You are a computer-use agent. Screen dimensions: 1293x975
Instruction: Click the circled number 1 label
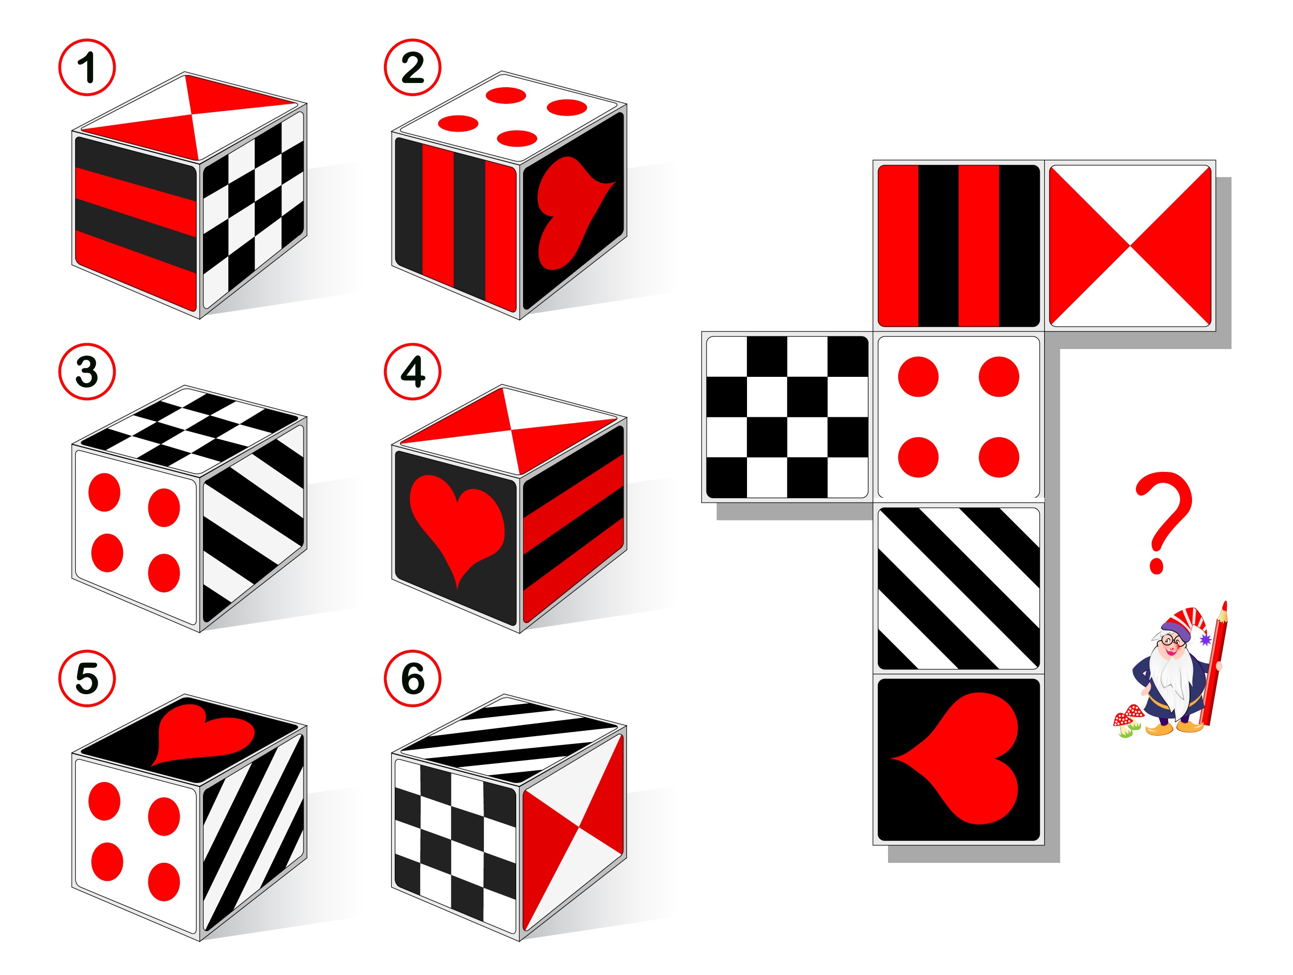[87, 67]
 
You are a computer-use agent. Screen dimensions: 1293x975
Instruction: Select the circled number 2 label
[413, 67]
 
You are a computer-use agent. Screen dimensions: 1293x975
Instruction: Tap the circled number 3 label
[87, 371]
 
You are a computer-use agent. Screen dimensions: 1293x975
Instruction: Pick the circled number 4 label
[413, 371]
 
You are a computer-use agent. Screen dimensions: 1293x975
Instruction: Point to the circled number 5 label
[87, 678]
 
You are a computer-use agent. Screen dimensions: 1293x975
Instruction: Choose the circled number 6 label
[413, 678]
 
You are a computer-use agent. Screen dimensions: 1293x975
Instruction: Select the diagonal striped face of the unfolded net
[959, 588]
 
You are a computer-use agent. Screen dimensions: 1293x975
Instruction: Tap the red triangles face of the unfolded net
[1130, 245]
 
